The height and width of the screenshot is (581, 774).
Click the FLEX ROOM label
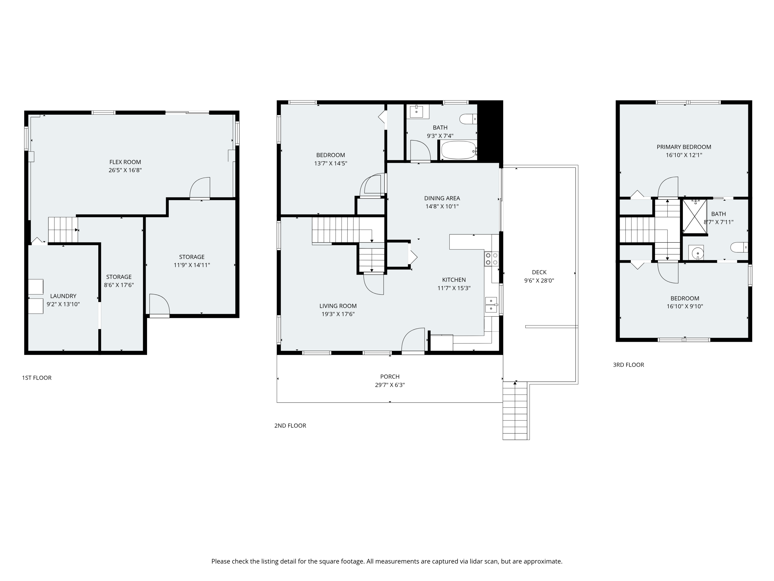click(x=125, y=162)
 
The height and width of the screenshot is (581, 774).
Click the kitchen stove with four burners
click(x=491, y=259)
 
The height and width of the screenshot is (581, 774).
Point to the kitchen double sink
click(x=491, y=305)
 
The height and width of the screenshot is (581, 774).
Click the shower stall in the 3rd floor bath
click(x=695, y=216)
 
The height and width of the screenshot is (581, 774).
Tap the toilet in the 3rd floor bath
click(x=739, y=247)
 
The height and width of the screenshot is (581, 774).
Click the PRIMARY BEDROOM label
click(x=684, y=147)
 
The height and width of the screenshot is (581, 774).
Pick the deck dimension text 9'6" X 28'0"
click(x=539, y=280)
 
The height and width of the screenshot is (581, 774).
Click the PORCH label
click(x=390, y=377)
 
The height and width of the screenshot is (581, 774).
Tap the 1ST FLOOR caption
click(x=37, y=378)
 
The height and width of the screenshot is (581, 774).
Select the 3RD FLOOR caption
click(x=628, y=365)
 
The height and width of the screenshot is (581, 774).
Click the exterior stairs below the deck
click(x=515, y=411)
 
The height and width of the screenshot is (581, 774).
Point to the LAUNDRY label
click(x=63, y=296)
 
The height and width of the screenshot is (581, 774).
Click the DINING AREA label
click(x=442, y=198)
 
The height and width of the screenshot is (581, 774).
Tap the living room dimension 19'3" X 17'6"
click(x=338, y=315)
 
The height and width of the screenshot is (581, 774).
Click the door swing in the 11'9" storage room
click(x=159, y=304)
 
